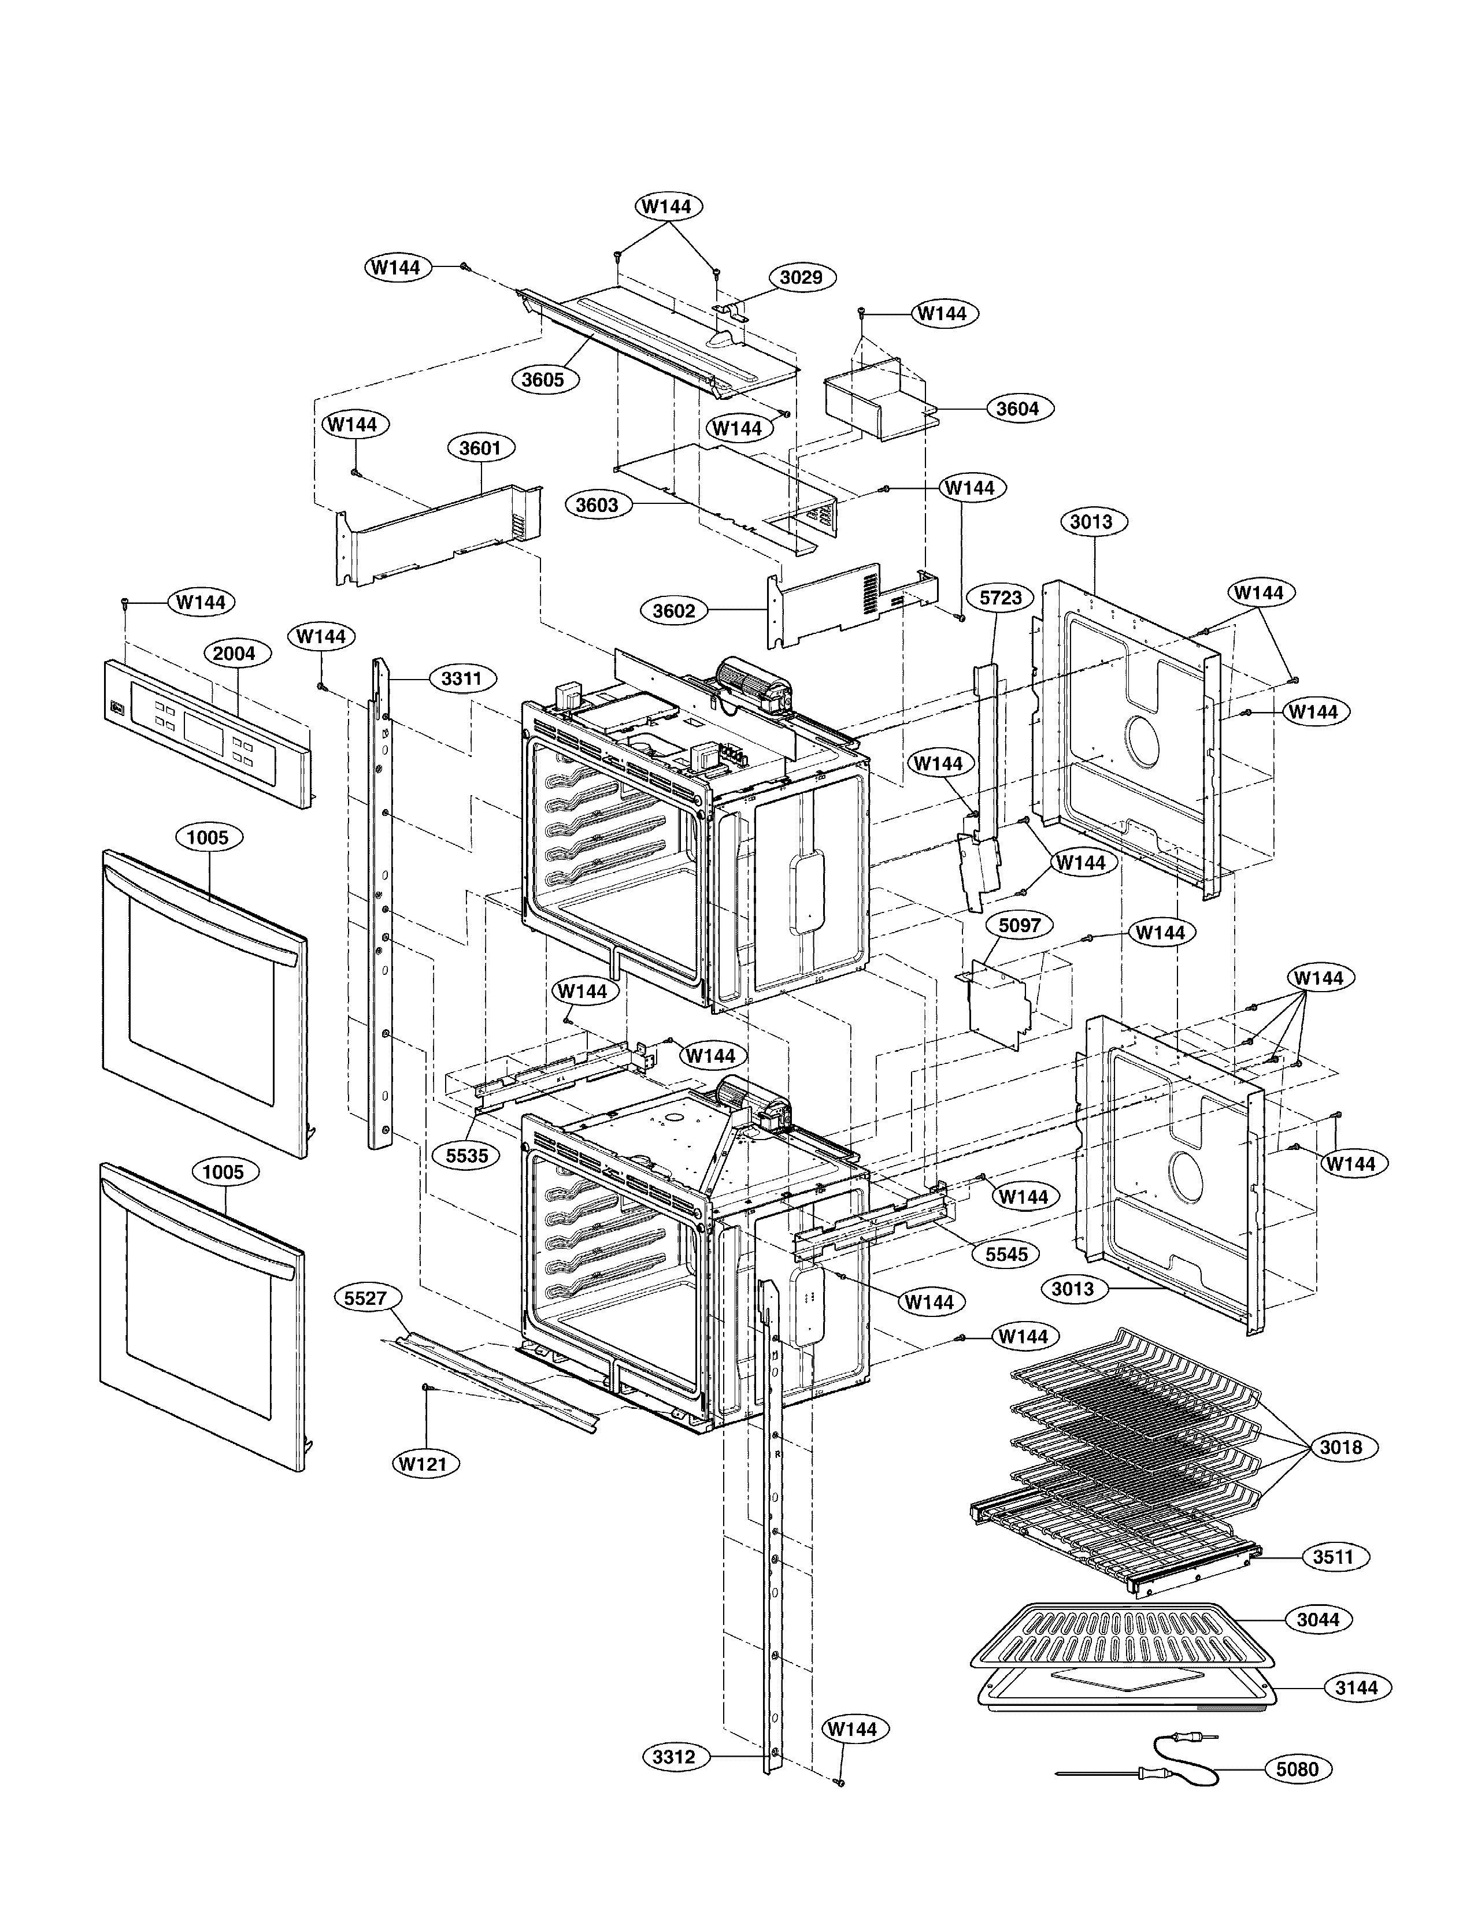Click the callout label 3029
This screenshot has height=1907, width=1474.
(x=801, y=277)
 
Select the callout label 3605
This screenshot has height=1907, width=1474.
(x=543, y=379)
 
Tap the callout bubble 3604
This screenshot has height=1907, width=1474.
(x=1018, y=408)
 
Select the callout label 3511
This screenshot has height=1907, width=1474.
(x=1332, y=1557)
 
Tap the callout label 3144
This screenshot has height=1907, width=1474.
(x=1356, y=1688)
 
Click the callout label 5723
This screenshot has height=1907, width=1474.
(x=1001, y=598)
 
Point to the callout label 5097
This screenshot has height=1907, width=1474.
(x=1019, y=925)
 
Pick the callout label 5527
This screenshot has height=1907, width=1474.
(x=365, y=1298)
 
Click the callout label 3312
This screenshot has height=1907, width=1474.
(x=674, y=1757)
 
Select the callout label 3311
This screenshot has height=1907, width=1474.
(x=462, y=678)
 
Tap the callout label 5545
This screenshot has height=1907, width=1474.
(x=1006, y=1255)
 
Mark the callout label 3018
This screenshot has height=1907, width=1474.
(x=1340, y=1447)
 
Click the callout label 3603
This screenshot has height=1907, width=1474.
(x=597, y=504)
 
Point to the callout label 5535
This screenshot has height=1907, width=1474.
(x=467, y=1155)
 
